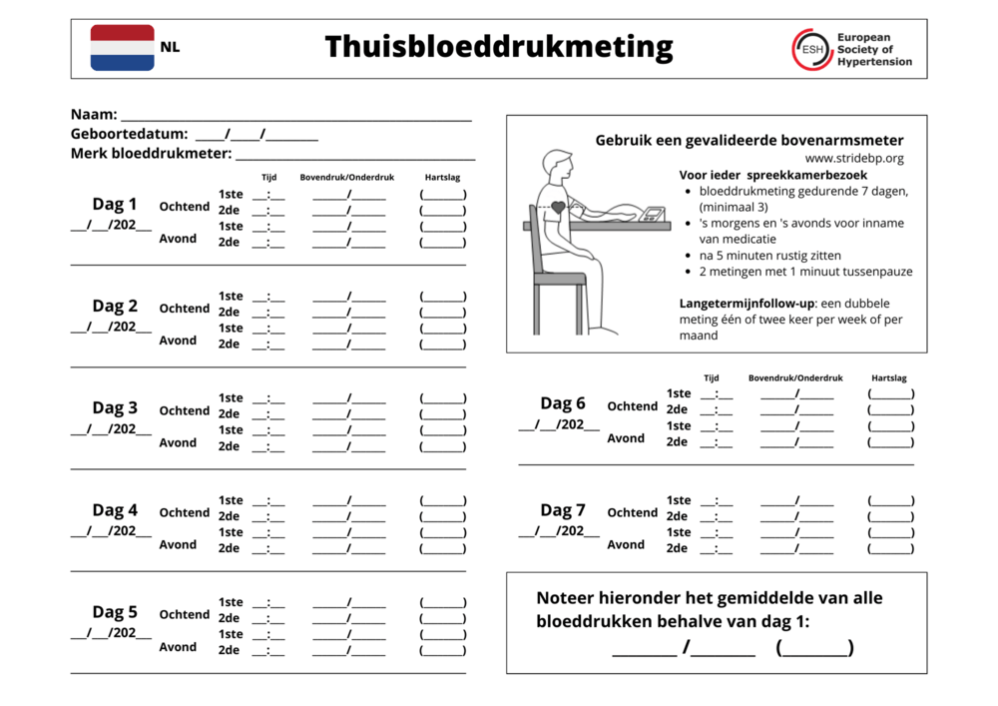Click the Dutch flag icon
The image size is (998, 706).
pyautogui.click(x=122, y=48)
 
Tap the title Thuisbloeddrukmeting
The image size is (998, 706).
pyautogui.click(x=498, y=47)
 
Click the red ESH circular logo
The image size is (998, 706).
pyautogui.click(x=812, y=49)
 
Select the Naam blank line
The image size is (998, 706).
pyautogui.click(x=295, y=118)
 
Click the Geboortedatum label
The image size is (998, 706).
pyautogui.click(x=129, y=134)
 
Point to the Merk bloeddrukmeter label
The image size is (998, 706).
pyautogui.click(x=151, y=154)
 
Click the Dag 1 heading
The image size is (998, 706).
pyautogui.click(x=115, y=205)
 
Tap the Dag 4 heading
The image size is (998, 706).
pyautogui.click(x=115, y=510)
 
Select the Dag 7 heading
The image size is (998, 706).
pyautogui.click(x=563, y=510)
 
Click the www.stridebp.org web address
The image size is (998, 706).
pyautogui.click(x=854, y=158)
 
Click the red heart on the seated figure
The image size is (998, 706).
pyautogui.click(x=557, y=209)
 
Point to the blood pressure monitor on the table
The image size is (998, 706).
pyautogui.click(x=654, y=214)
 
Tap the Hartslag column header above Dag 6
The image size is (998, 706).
pyautogui.click(x=888, y=378)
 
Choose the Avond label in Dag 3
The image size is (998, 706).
pyautogui.click(x=178, y=442)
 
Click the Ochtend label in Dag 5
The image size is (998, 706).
pyautogui.click(x=185, y=614)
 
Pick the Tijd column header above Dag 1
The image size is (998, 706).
pyautogui.click(x=269, y=177)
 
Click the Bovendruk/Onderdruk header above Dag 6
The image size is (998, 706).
pyautogui.click(x=795, y=378)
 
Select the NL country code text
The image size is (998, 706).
pyautogui.click(x=170, y=47)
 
